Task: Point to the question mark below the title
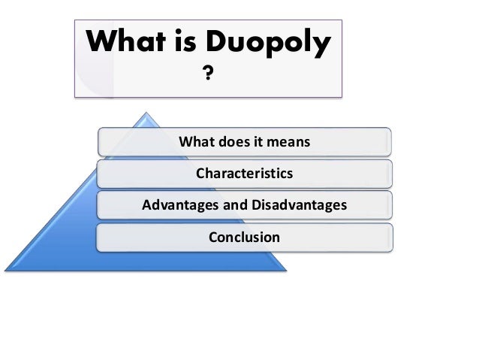(206, 73)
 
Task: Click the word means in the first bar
(291, 141)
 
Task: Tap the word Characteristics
(244, 174)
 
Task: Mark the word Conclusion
(244, 237)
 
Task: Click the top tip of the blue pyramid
(144, 114)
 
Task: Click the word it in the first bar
(258, 141)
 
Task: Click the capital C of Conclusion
(213, 237)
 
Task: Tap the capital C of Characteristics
(200, 174)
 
